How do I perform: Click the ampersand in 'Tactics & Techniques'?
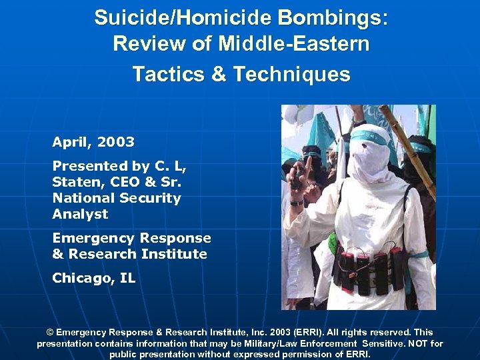219,74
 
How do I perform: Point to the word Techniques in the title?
291,74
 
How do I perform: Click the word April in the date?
71,142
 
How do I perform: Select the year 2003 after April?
115,142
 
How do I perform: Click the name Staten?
74,182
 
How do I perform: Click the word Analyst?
80,214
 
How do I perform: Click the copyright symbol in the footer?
49,332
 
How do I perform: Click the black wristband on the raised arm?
296,203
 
